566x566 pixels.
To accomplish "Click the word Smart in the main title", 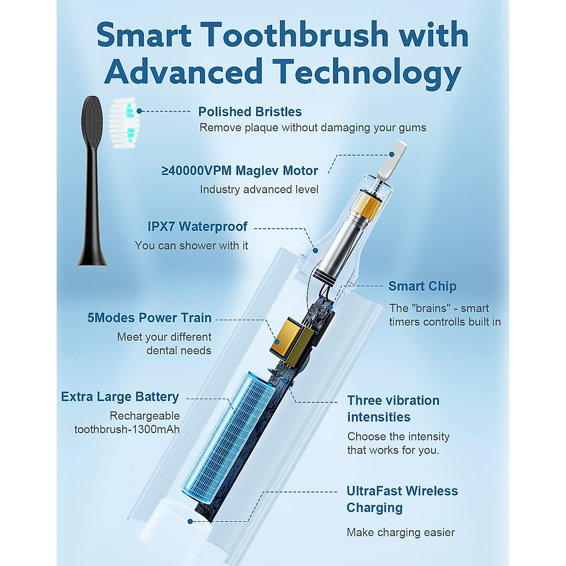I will [144, 35].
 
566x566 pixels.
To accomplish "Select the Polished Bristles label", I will [250, 112].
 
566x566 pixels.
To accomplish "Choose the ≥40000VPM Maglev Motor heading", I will [240, 171].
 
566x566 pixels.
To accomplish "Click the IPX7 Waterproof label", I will [197, 226].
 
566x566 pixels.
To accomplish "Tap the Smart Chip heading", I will [422, 286].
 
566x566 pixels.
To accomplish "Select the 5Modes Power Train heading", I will [149, 318].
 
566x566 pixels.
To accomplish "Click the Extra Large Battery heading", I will [120, 397].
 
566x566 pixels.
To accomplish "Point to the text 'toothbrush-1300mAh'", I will [127, 429].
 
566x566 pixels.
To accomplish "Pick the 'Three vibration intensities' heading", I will [392, 408].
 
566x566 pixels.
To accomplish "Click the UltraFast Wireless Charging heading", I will [401, 499].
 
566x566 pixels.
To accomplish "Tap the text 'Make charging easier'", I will [400, 533].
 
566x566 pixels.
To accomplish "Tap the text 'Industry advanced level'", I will [259, 190].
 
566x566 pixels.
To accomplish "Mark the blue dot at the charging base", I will [190, 522].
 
